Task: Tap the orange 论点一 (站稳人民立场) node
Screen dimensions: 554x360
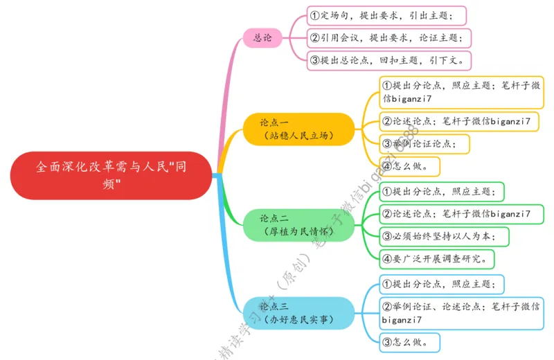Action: click(298, 129)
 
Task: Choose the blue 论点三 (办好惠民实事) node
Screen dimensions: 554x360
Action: click(298, 312)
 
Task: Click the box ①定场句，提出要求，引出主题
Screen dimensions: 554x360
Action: click(386, 15)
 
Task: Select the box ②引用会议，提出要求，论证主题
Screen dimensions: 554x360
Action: click(389, 37)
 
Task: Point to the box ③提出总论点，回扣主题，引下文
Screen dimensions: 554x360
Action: click(389, 60)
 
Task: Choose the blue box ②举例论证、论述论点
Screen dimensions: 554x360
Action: click(461, 312)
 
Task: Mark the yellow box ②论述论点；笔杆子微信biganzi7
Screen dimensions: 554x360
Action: click(461, 121)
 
